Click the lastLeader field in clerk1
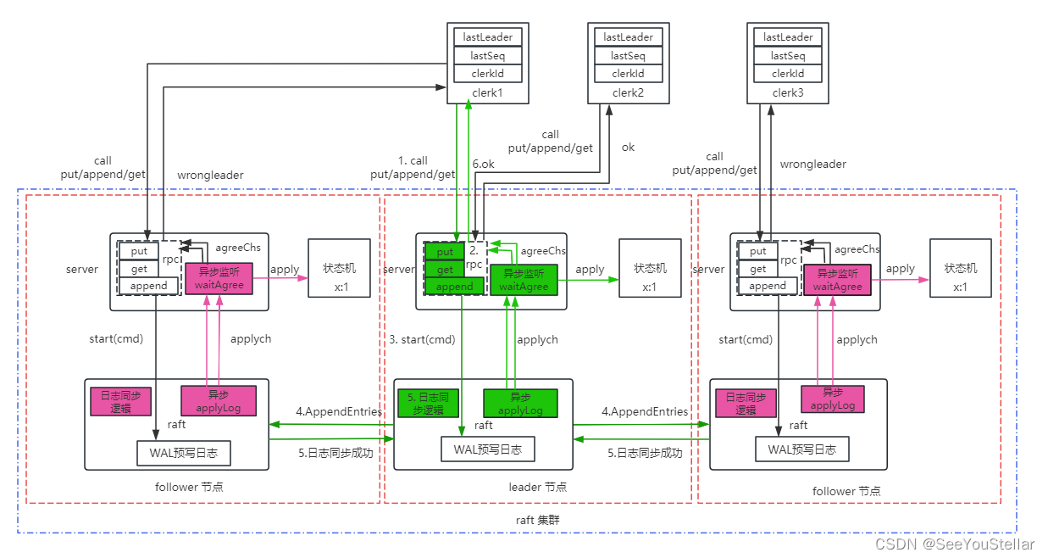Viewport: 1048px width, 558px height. point(487,37)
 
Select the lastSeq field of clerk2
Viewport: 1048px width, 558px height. point(628,56)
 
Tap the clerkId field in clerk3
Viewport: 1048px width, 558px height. point(788,75)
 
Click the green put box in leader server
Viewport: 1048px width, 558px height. point(444,252)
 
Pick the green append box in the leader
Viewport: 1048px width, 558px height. point(454,287)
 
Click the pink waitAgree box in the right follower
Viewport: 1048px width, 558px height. point(837,280)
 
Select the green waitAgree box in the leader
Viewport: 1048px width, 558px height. point(523,280)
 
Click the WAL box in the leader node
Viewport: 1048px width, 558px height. point(487,449)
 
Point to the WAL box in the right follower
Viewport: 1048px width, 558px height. point(802,449)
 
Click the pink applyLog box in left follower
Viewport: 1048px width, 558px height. point(219,401)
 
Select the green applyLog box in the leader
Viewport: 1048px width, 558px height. point(520,404)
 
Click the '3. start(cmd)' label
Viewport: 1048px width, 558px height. point(421,339)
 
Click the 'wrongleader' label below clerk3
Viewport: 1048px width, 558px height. point(812,164)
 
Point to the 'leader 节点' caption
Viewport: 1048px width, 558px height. point(537,487)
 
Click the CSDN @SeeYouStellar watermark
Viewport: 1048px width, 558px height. point(954,544)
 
